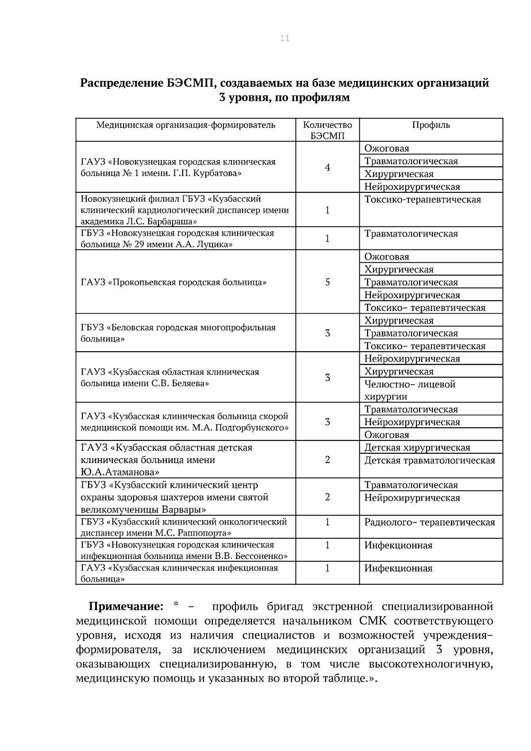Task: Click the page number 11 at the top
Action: [x=285, y=38]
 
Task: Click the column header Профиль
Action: [x=431, y=125]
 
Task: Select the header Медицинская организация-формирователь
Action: [x=186, y=125]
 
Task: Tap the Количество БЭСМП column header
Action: [x=327, y=130]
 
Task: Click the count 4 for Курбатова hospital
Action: [x=327, y=167]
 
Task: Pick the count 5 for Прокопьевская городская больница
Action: [x=327, y=282]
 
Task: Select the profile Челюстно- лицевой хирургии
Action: [x=409, y=390]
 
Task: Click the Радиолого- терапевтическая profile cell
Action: [x=429, y=522]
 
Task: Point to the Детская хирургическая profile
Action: [x=417, y=448]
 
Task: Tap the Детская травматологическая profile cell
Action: [x=429, y=460]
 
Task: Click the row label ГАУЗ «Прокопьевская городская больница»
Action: [x=173, y=282]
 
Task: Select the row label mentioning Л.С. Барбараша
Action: [x=185, y=210]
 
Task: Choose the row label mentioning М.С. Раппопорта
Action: [x=184, y=527]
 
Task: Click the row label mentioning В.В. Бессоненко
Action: [x=184, y=550]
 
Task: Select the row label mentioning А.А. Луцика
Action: [x=177, y=238]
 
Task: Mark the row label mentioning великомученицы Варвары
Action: [x=175, y=497]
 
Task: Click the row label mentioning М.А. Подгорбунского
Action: [x=184, y=422]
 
